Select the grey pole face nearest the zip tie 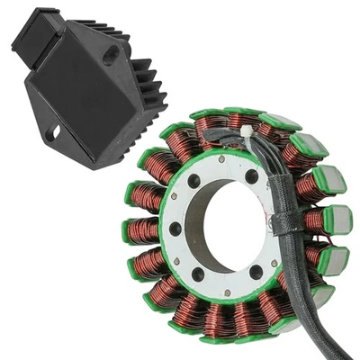pyautogui.click(x=280, y=121)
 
